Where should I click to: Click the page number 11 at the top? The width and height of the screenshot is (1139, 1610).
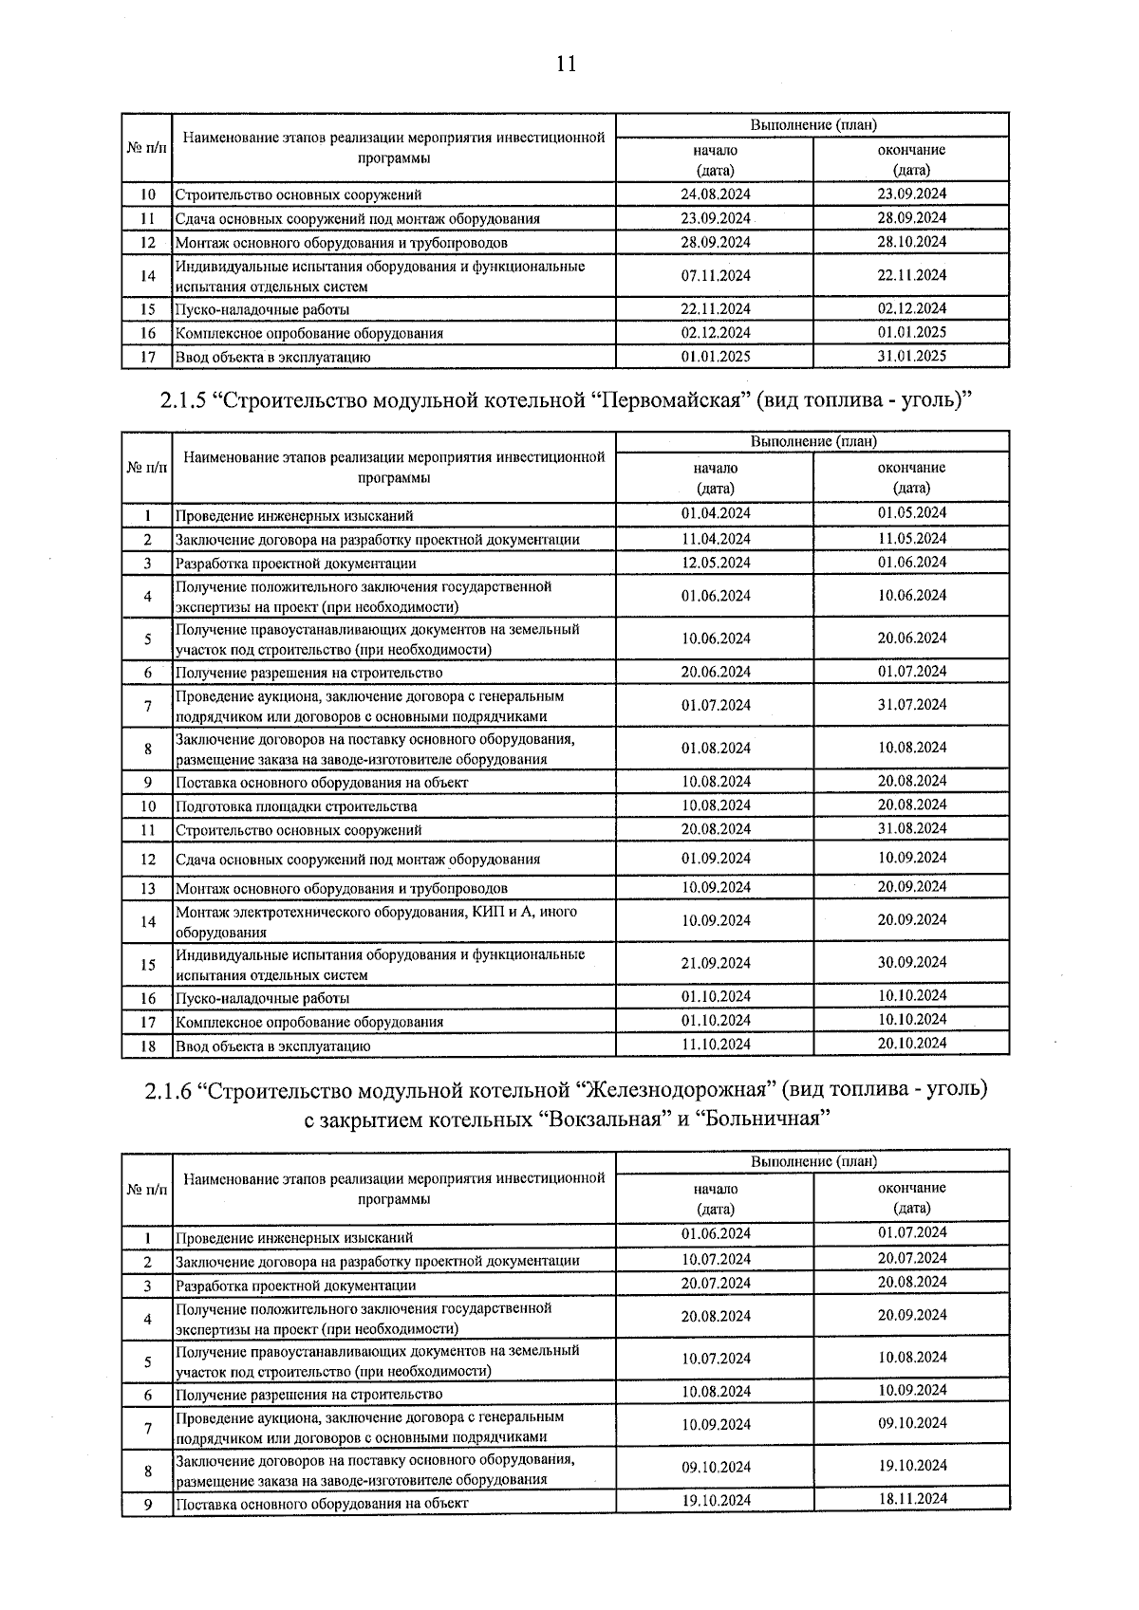click(x=566, y=65)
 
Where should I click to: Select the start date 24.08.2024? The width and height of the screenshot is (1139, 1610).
click(x=715, y=194)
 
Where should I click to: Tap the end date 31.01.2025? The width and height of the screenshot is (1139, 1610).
click(x=911, y=356)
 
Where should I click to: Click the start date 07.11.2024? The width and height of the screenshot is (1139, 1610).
click(x=715, y=276)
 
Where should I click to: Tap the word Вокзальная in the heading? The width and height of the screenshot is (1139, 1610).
click(x=604, y=1119)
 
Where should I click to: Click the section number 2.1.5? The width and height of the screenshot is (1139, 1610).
click(x=179, y=400)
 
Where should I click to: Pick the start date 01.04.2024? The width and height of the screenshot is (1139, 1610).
click(x=715, y=513)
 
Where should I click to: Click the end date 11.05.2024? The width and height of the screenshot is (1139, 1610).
click(x=911, y=538)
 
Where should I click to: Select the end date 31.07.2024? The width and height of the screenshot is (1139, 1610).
click(x=911, y=705)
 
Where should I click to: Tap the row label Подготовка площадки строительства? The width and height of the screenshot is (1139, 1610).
click(x=296, y=806)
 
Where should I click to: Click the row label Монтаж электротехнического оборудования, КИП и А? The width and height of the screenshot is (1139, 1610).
click(x=376, y=912)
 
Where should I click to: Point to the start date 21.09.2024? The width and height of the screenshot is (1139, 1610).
click(x=715, y=963)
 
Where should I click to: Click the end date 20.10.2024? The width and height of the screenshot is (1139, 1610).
click(x=911, y=1044)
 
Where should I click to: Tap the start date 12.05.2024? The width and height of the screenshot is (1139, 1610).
click(x=715, y=563)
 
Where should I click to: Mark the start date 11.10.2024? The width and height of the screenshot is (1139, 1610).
click(x=715, y=1045)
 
